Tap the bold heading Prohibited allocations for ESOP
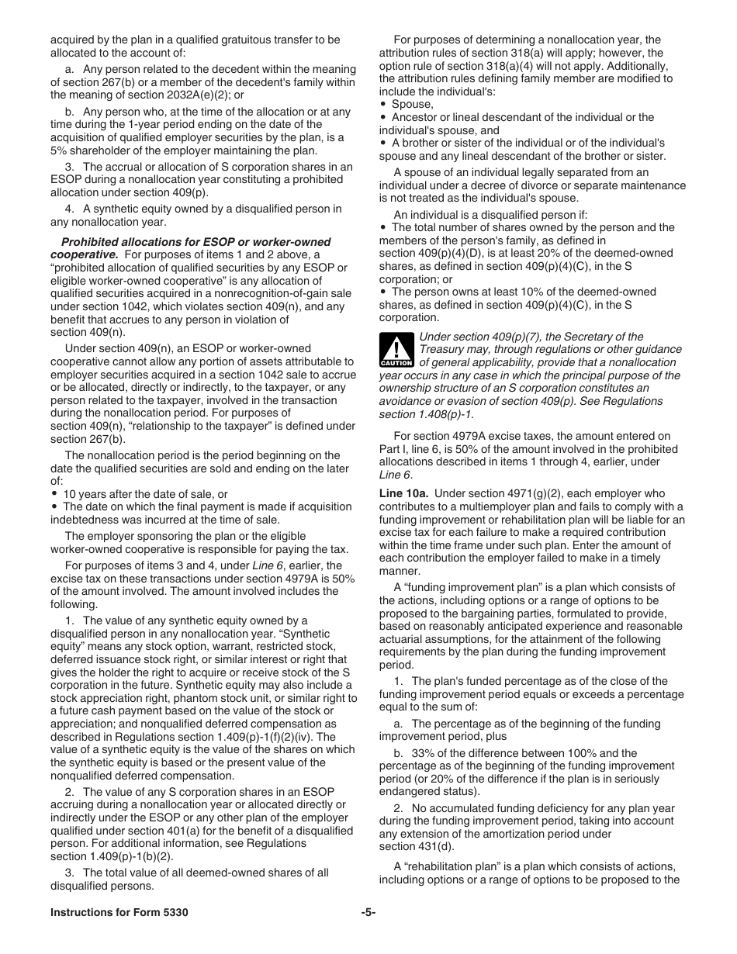[x=195, y=242]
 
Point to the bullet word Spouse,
[x=412, y=104]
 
